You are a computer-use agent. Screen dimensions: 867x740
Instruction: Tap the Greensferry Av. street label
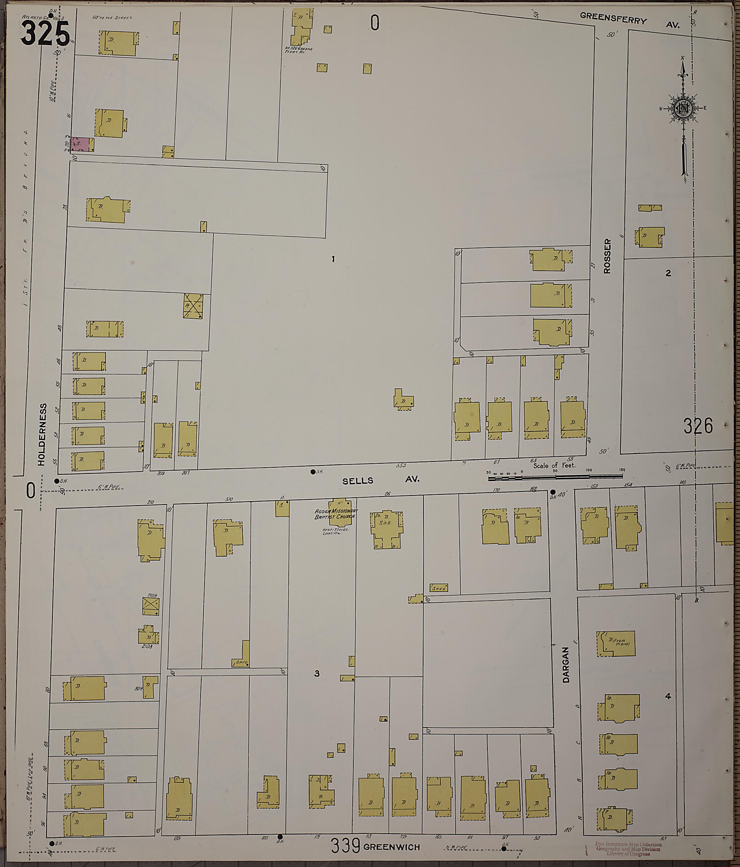(629, 21)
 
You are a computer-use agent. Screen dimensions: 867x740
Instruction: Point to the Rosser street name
(607, 256)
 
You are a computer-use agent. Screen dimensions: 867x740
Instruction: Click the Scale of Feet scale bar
(555, 475)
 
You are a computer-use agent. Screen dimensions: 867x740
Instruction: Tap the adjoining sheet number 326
(698, 426)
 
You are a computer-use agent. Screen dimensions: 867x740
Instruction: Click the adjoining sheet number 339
(345, 846)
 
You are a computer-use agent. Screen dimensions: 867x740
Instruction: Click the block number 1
(333, 259)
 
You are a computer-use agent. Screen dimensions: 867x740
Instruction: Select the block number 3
(317, 673)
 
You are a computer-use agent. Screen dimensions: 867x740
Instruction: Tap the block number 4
(668, 696)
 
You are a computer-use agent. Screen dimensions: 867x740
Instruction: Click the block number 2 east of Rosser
(668, 273)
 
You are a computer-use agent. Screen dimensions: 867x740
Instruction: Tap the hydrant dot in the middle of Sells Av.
(313, 472)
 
